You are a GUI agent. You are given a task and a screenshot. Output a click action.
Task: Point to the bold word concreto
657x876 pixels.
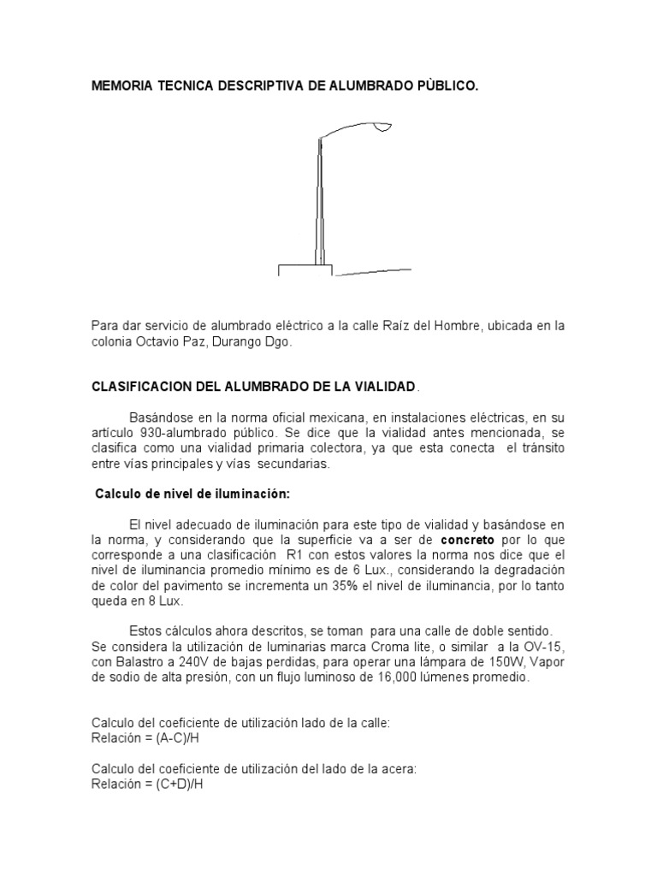coord(469,541)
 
